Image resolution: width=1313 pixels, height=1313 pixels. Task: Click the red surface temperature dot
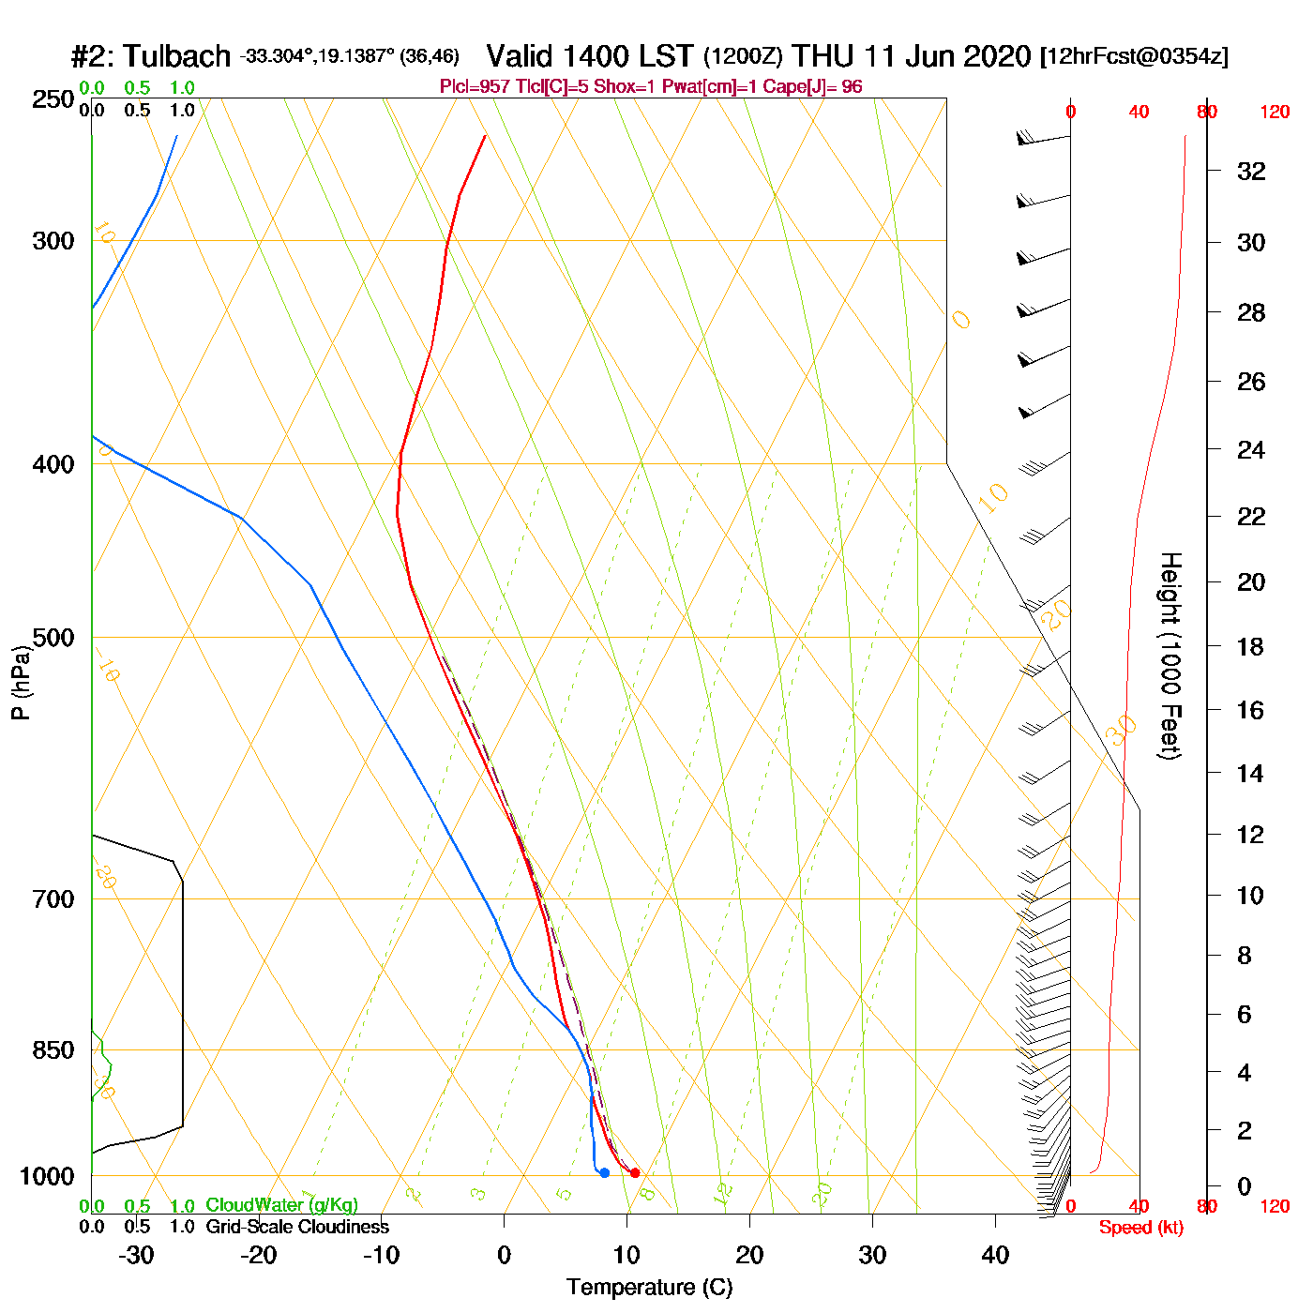tap(635, 1172)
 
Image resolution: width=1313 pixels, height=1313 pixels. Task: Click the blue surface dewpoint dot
tap(604, 1172)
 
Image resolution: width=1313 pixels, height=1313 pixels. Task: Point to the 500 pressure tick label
tap(53, 638)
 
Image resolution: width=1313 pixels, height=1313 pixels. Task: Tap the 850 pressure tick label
tap(53, 1050)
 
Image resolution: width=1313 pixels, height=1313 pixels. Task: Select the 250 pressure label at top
tap(53, 99)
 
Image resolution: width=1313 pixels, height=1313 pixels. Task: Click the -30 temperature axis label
tap(136, 1255)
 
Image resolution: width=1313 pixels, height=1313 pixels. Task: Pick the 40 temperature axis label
tap(995, 1255)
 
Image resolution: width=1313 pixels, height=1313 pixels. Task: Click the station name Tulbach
tap(176, 56)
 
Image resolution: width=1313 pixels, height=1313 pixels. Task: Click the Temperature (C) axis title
tap(649, 1287)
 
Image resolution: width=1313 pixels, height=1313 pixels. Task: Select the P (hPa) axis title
tap(21, 682)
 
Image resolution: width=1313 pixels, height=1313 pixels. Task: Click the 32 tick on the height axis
tap(1251, 172)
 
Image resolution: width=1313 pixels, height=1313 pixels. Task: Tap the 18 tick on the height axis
tap(1250, 646)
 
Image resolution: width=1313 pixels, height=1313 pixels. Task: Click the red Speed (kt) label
tap(1140, 1228)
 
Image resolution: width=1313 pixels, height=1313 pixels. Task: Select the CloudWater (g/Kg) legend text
tap(281, 1205)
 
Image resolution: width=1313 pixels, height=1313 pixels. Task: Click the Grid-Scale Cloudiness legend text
tap(297, 1227)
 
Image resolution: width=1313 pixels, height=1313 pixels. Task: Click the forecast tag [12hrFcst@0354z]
tap(1134, 56)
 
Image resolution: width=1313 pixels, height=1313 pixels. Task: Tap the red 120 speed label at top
tap(1274, 113)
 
